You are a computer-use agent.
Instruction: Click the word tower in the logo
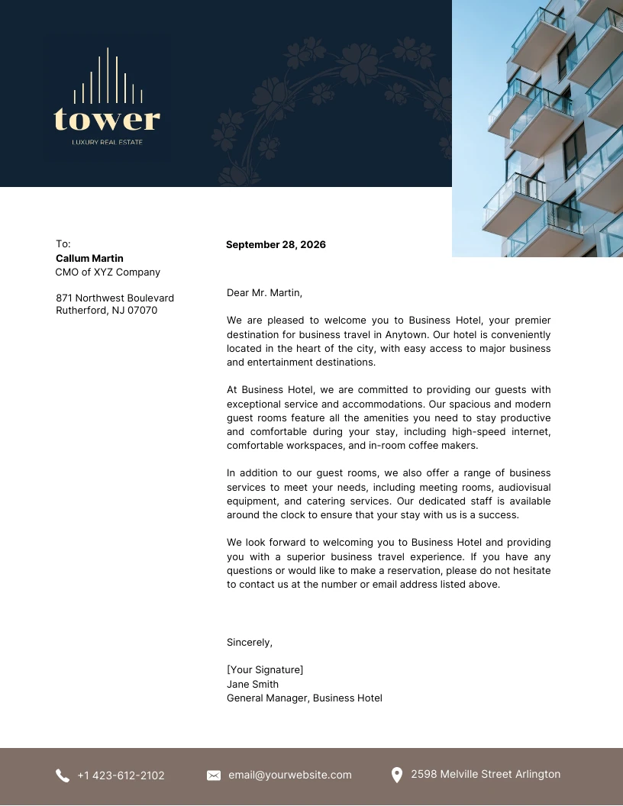107,120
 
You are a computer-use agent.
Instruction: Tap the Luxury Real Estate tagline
107,142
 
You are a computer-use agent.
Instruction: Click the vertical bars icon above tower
108,77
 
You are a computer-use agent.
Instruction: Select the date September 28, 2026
276,245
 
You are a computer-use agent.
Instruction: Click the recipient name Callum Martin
89,259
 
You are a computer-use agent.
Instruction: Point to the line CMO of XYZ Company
108,272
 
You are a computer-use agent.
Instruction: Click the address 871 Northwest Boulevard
115,298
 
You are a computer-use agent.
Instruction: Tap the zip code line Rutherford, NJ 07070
106,311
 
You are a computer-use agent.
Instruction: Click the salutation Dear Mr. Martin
264,292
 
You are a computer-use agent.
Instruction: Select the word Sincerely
249,643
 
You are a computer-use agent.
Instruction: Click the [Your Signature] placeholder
265,670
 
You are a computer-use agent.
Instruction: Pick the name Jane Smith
253,685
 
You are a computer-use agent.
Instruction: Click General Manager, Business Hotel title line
304,698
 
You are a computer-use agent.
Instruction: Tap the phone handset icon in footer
63,775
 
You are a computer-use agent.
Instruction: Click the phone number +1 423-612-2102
121,775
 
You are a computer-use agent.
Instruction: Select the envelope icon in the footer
214,775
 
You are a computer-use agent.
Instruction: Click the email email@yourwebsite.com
290,775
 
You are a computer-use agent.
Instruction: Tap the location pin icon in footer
397,775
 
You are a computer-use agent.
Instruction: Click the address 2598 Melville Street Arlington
486,774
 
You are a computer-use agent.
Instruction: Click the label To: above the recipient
63,244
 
